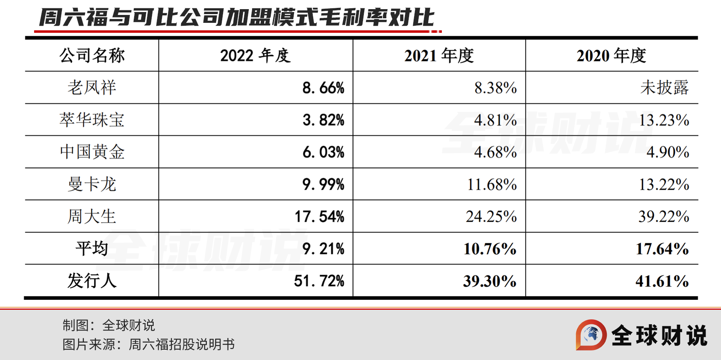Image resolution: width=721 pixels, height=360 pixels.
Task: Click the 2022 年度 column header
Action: pos(255,55)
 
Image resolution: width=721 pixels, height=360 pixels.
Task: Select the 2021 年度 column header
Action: pos(439,55)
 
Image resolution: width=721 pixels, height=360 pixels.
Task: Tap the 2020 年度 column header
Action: pos(611,55)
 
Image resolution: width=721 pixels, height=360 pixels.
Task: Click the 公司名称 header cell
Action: pos(92,55)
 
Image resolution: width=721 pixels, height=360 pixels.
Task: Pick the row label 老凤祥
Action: pos(92,88)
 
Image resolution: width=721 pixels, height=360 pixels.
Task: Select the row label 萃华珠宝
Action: pos(92,120)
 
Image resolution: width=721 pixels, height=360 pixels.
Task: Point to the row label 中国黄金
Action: pos(92,152)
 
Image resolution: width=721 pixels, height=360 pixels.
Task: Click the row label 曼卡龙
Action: pos(92,184)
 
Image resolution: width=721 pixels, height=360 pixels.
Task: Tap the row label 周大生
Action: pos(92,216)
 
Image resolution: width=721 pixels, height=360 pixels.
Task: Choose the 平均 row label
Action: pos(92,248)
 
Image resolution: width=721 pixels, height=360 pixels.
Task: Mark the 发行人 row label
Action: pos(92,281)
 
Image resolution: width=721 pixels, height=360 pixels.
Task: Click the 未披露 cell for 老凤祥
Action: pos(665,88)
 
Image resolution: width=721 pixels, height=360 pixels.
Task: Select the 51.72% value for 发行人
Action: pos(319,281)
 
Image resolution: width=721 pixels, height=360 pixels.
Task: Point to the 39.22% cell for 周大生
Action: pos(664,216)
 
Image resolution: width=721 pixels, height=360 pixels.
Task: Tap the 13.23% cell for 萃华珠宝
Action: pos(664,120)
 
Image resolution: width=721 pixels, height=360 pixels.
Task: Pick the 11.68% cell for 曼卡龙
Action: pos(492,184)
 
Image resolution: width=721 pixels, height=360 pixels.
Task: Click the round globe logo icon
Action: pos(591,335)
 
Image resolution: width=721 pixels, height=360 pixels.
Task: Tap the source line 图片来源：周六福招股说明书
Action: pos(149,344)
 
